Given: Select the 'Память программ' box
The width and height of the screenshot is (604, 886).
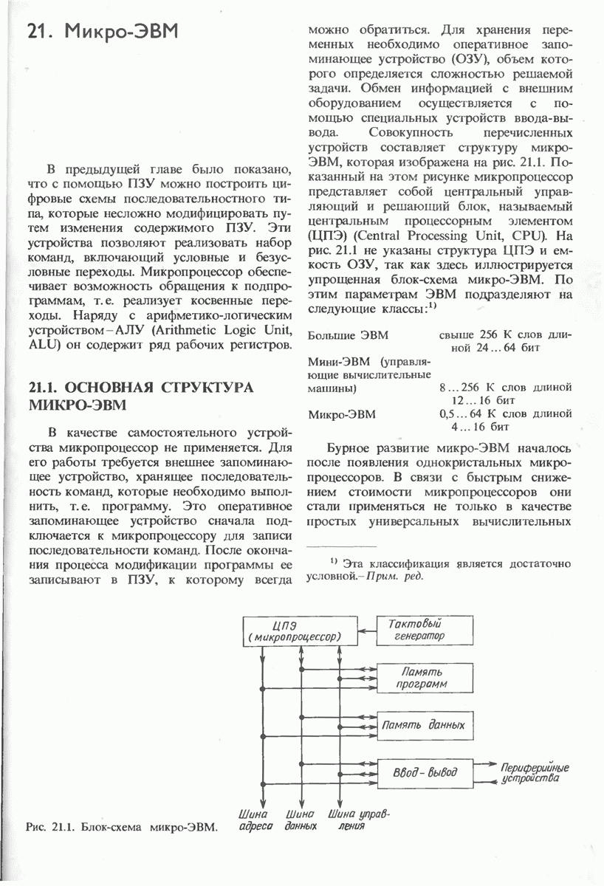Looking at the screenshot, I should tap(423, 678).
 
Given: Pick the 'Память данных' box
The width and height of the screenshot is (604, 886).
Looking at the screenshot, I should tap(423, 725).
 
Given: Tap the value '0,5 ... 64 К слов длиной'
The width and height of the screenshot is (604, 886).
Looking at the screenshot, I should tap(505, 415).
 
